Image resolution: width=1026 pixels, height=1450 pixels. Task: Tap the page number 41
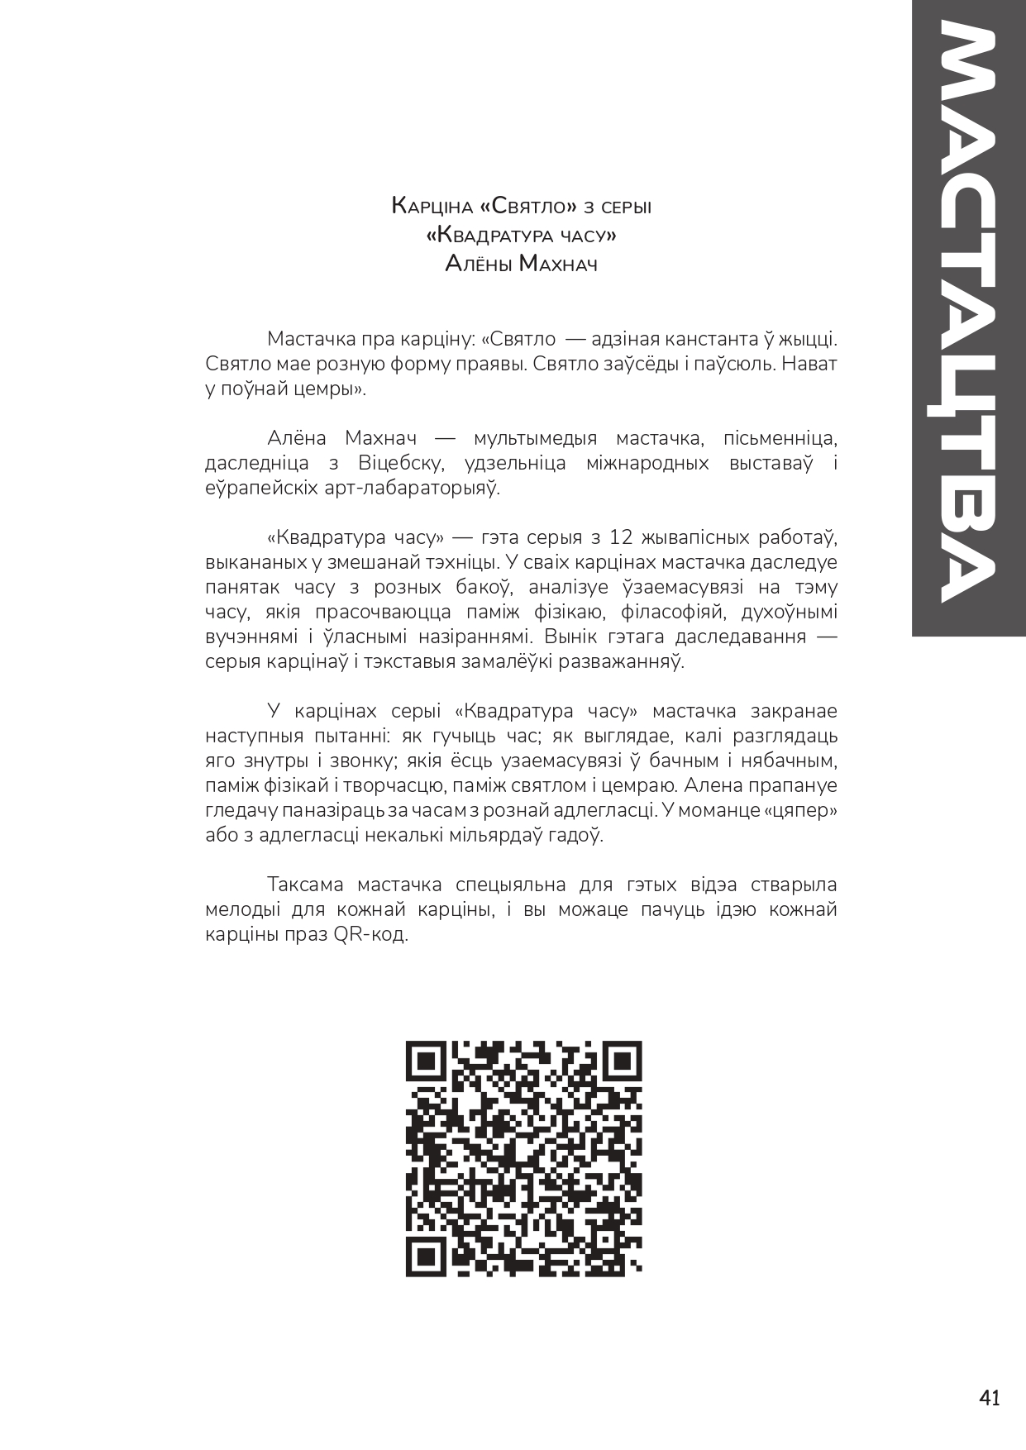[990, 1398]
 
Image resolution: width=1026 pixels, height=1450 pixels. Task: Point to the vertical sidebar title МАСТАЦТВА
[968, 314]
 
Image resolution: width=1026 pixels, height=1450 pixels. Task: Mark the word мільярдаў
[492, 835]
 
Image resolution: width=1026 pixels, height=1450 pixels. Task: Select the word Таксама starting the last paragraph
[305, 885]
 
